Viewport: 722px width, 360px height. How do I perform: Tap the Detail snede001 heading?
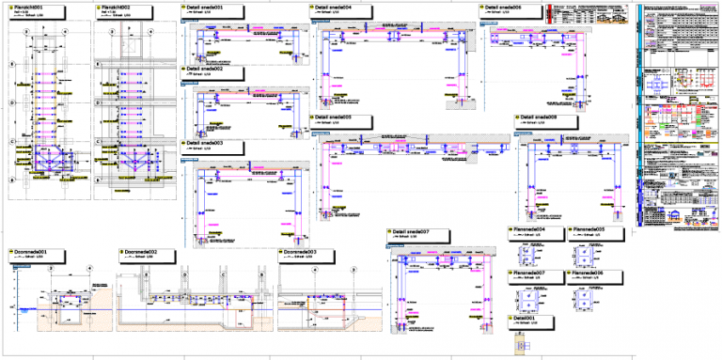[204, 7]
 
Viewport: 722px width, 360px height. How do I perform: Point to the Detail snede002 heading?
[204, 69]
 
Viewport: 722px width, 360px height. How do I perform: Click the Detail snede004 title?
[334, 7]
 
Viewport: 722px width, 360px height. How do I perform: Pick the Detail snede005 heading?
[334, 117]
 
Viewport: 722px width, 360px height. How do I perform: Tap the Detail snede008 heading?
[539, 117]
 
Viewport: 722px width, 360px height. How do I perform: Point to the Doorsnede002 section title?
[141, 252]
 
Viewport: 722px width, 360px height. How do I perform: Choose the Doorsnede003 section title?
[301, 252]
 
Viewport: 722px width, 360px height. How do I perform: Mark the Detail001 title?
[526, 318]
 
